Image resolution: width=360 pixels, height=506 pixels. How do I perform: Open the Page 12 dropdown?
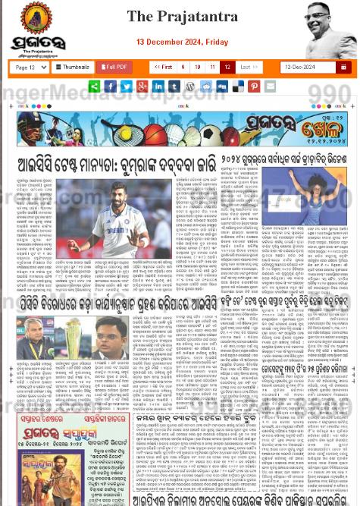31,67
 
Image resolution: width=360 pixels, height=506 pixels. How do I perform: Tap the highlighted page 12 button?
227,67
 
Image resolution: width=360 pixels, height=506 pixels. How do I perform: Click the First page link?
162,67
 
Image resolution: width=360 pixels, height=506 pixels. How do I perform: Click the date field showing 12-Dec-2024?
306,67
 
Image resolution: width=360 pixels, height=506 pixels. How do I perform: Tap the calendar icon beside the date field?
344,67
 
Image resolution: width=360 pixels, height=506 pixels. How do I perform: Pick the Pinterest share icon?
254,86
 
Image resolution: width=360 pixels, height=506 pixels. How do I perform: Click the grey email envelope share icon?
270,86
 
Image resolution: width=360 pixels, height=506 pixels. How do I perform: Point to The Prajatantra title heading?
182,16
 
